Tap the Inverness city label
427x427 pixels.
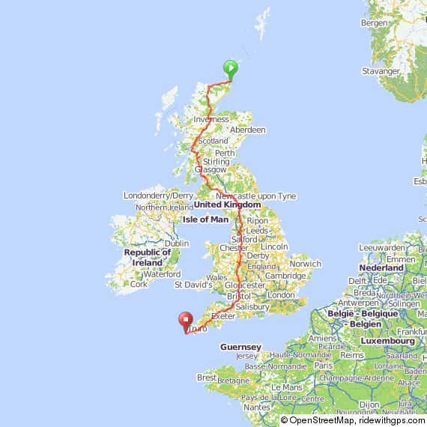point(211,119)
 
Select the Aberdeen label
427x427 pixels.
point(247,130)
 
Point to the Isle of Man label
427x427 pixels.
point(205,219)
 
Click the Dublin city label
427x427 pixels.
point(176,243)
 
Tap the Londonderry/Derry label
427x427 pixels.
point(159,196)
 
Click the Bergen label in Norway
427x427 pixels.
point(375,23)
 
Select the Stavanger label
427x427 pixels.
point(381,71)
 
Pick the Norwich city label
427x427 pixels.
point(305,264)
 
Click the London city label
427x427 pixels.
point(281,295)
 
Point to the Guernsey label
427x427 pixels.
point(240,347)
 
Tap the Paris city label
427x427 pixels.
point(324,365)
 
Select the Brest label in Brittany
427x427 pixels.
point(207,378)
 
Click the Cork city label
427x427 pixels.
point(139,284)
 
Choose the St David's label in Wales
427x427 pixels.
point(193,285)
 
